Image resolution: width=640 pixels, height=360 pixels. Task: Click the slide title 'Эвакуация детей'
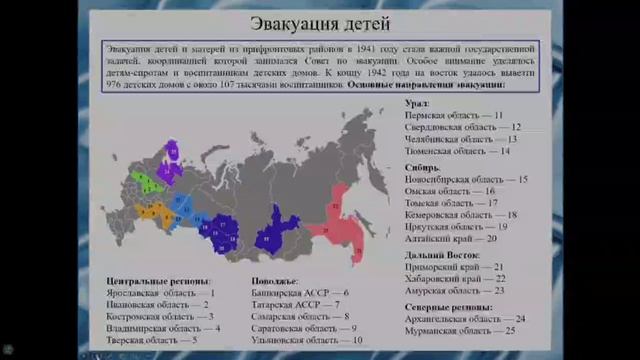320,24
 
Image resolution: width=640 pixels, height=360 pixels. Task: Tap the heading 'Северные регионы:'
448,306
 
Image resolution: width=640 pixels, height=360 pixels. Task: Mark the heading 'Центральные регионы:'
158,281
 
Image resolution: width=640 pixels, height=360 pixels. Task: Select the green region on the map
144,181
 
